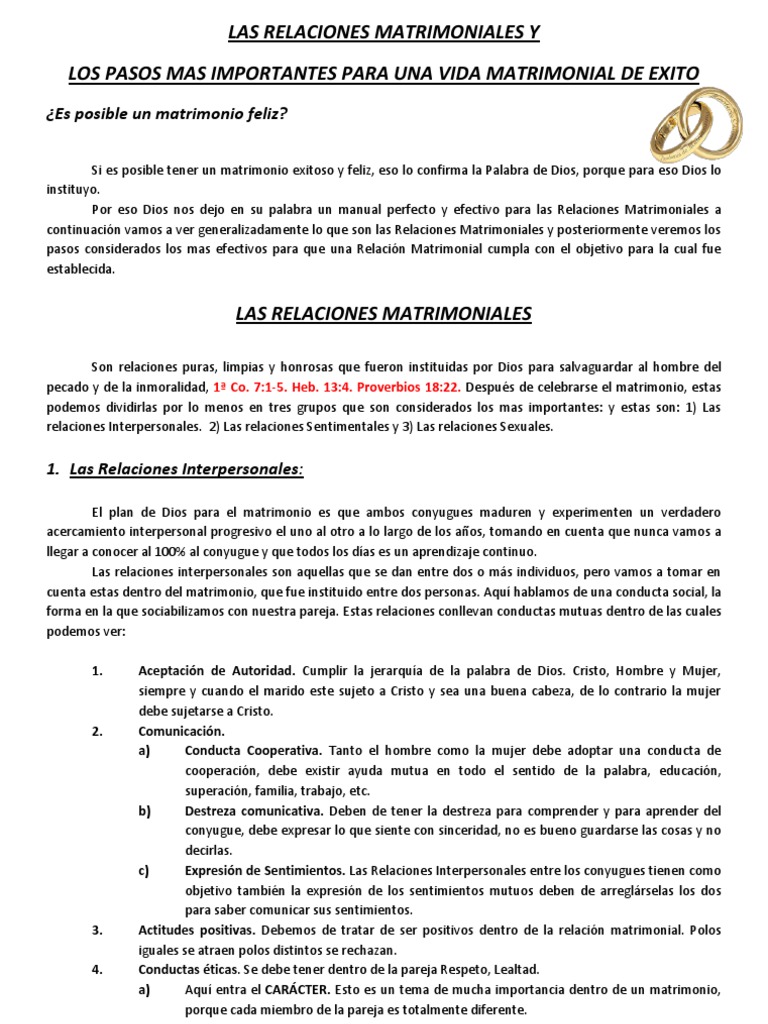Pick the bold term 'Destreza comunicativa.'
[255, 810]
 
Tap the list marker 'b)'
[145, 810]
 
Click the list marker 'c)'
[145, 870]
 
